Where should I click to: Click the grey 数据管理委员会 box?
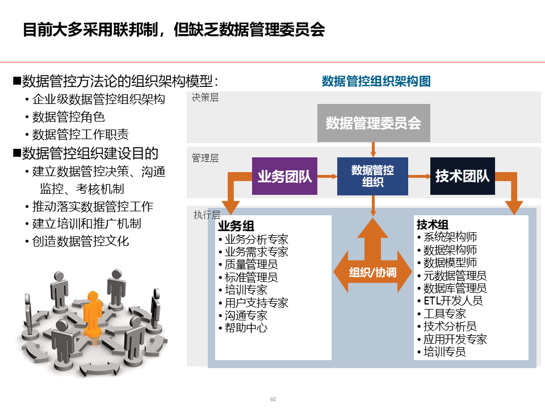click(x=373, y=123)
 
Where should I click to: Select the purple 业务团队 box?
click(x=284, y=177)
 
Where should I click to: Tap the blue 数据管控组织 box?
click(x=372, y=177)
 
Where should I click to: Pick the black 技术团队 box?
click(x=462, y=177)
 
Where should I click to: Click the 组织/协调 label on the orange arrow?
click(x=372, y=272)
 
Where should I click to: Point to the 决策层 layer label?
click(x=205, y=98)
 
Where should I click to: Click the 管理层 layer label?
click(x=205, y=158)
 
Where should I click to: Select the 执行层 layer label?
click(x=207, y=215)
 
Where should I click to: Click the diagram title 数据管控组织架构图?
click(x=376, y=81)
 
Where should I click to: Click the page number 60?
click(x=273, y=399)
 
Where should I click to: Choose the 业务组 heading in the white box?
click(x=237, y=226)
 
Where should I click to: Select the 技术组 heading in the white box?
click(x=433, y=224)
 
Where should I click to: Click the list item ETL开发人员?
click(x=452, y=301)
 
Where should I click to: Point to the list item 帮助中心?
click(x=246, y=328)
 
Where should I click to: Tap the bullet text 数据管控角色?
click(x=68, y=117)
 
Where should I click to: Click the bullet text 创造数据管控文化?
click(x=81, y=241)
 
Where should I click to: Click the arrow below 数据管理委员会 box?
click(x=373, y=149)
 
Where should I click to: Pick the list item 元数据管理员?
click(x=455, y=276)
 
